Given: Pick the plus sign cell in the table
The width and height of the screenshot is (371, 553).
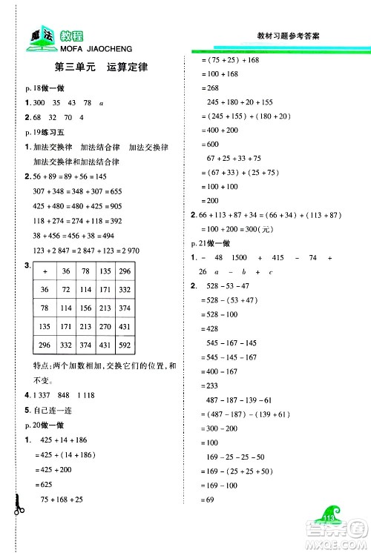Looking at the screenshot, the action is [x=45, y=271].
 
